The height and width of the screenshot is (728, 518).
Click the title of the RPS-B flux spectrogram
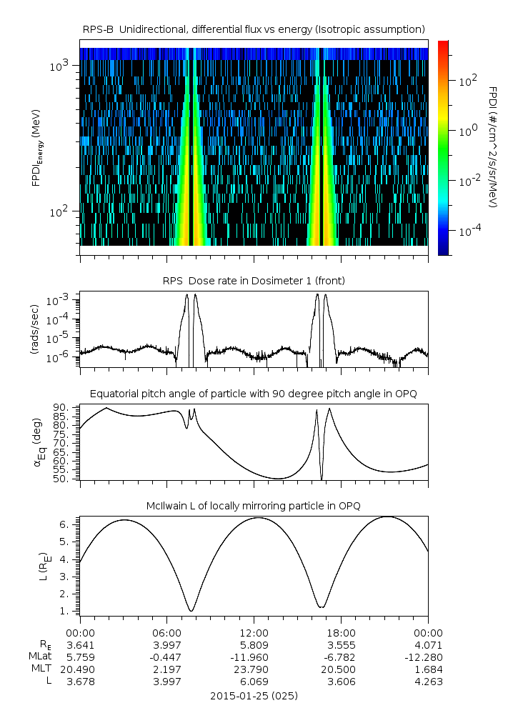[254, 29]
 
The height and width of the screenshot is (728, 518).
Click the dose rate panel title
[254, 281]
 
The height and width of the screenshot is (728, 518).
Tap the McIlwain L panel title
[254, 506]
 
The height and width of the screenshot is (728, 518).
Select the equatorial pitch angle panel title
[254, 394]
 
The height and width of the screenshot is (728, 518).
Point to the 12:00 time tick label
[254, 632]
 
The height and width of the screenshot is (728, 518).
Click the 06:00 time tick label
[167, 632]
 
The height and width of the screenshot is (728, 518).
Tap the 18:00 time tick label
[341, 632]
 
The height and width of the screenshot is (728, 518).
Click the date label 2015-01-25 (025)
[254, 695]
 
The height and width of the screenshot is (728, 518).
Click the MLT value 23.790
[254, 669]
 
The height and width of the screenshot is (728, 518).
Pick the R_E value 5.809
[254, 644]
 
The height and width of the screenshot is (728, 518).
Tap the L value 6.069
[254, 682]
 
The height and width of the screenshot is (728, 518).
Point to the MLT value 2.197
[167, 669]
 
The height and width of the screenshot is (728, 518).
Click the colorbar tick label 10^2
[467, 81]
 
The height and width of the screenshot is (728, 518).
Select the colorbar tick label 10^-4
[469, 232]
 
